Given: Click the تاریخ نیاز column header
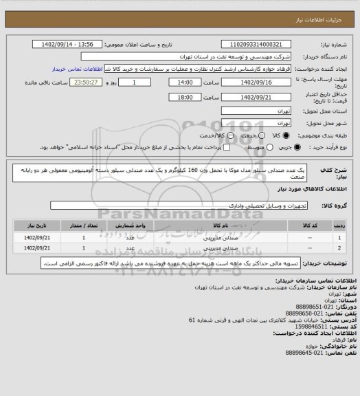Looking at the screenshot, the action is [x=43, y=224].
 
